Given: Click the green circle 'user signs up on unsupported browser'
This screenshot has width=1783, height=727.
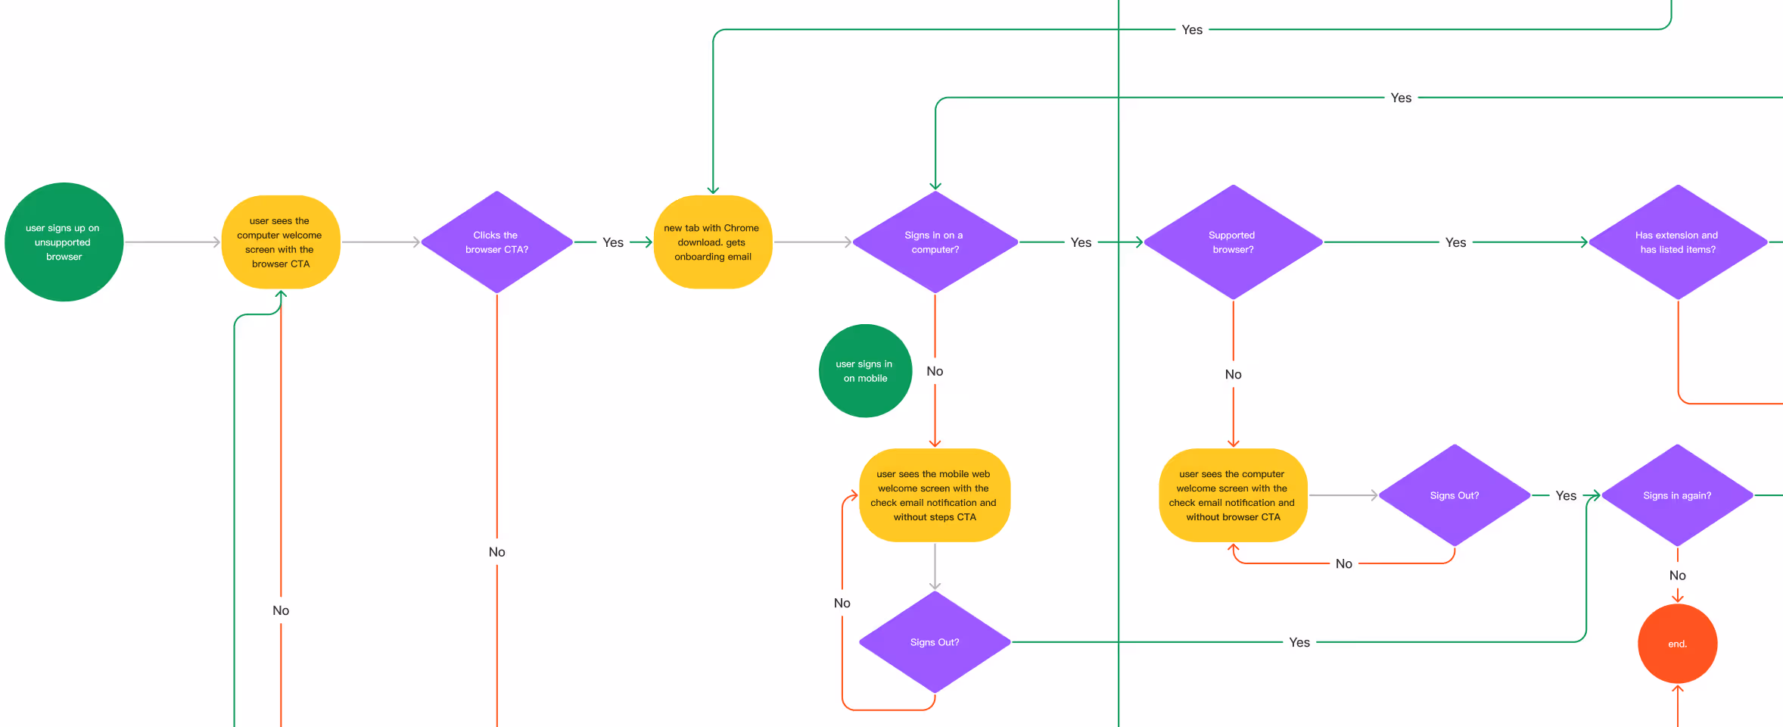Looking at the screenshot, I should click(64, 242).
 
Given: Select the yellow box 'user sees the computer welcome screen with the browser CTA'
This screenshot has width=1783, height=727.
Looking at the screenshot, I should click(281, 242).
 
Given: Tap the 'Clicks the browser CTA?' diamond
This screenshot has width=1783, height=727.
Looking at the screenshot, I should click(496, 242).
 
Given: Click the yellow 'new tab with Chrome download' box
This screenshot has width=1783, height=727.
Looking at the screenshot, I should click(712, 242).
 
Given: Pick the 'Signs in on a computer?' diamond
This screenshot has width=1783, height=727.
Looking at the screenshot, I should click(935, 242).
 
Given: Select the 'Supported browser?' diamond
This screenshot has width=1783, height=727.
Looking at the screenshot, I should click(1233, 242).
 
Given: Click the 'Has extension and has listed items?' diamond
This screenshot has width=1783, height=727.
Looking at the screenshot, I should click(1678, 242).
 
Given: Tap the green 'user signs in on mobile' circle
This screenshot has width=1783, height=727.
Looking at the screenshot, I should click(865, 371).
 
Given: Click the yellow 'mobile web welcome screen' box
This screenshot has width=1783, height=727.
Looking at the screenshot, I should click(935, 495).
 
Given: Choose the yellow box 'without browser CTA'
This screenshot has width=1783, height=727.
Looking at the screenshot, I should click(1233, 495).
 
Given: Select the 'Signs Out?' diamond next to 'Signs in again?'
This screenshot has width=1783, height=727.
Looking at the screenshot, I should click(1454, 495).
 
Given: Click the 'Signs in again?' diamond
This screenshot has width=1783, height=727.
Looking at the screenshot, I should click(1677, 495).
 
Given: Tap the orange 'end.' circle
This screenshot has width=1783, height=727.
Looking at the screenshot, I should click(1677, 644).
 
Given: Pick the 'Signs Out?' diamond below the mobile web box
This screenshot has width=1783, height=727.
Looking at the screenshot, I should click(935, 642).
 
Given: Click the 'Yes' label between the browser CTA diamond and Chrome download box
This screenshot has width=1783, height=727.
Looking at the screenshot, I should click(613, 242).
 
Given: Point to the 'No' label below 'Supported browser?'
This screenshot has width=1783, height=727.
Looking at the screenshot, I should click(1233, 374).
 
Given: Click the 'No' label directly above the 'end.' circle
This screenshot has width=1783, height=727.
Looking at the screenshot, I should click(1677, 576).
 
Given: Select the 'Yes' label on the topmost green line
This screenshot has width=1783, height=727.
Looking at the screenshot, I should click(1192, 30).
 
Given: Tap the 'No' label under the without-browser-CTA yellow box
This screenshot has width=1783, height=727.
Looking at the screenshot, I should click(1343, 563).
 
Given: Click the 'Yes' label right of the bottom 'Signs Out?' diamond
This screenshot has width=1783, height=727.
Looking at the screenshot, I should click(1299, 642).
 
